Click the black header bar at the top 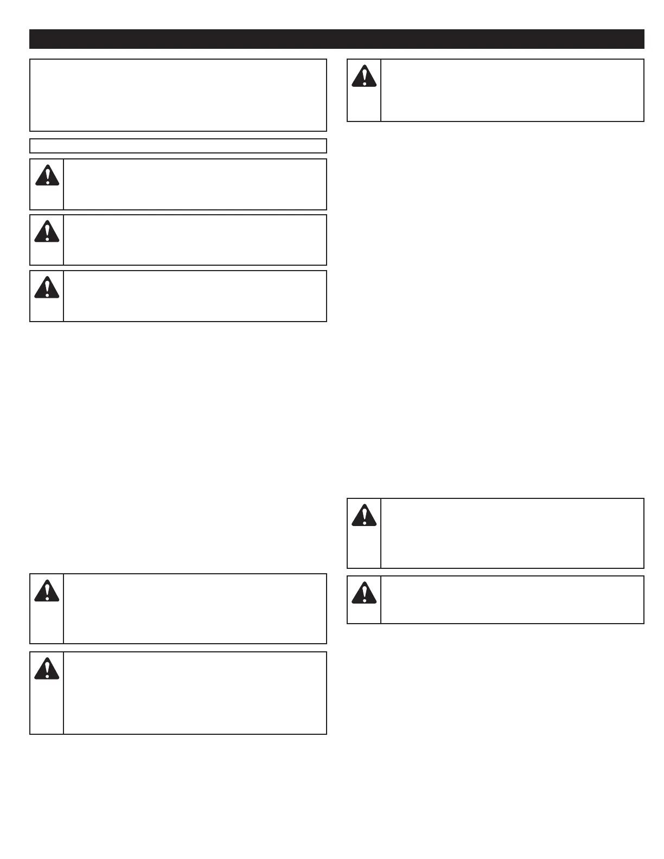(336, 39)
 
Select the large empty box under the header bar (178, 95)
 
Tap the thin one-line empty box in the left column (178, 146)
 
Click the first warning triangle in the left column (47, 176)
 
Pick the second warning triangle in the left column (47, 232)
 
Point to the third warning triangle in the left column (47, 287)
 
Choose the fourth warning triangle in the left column (47, 591)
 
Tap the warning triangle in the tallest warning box (47, 669)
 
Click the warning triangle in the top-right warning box (364, 76)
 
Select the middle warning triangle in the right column (364, 516)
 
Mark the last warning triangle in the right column (364, 593)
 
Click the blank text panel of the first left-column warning (195, 184)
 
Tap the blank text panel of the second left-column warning (195, 240)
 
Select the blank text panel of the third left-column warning (195, 296)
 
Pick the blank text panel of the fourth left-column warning (195, 608)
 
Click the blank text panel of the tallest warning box (195, 693)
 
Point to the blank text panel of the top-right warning (512, 90)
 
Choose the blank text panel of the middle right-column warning (512, 533)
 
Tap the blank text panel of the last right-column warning (512, 600)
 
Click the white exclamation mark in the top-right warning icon (365, 77)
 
